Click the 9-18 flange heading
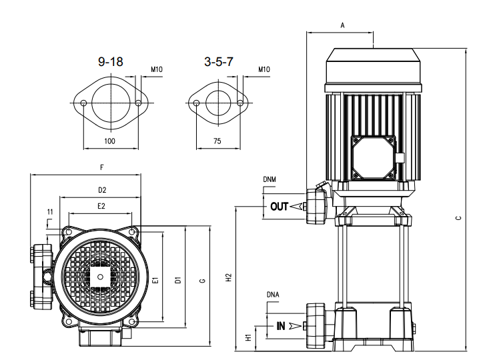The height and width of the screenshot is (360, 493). pyautogui.click(x=111, y=62)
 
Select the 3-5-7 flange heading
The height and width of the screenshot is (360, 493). pyautogui.click(x=218, y=62)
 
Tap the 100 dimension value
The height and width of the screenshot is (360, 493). pyautogui.click(x=111, y=141)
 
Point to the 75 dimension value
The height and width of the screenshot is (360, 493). pyautogui.click(x=217, y=141)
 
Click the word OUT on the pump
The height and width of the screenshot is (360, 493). pyautogui.click(x=279, y=207)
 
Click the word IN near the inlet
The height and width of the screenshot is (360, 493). pyautogui.click(x=281, y=326)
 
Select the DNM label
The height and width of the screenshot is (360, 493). pyautogui.click(x=270, y=179)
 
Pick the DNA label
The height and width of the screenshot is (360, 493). pyautogui.click(x=272, y=294)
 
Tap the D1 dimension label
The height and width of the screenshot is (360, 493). pyautogui.click(x=177, y=280)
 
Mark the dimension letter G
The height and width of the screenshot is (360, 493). pyautogui.click(x=201, y=281)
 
